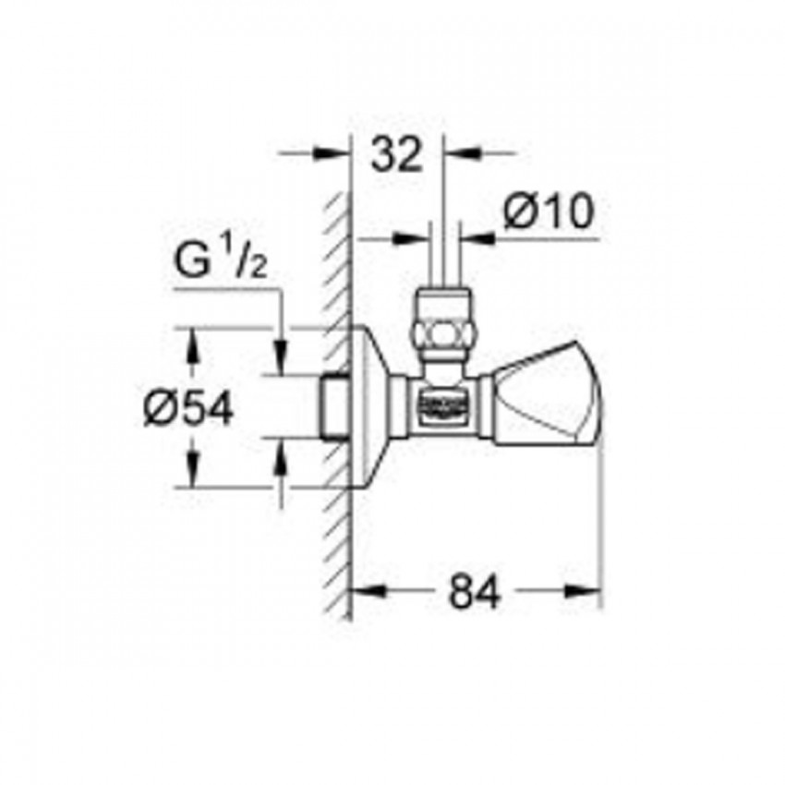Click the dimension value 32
tap(396, 156)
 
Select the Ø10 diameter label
tap(547, 214)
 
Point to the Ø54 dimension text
tap(188, 407)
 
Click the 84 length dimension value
tap(475, 592)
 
